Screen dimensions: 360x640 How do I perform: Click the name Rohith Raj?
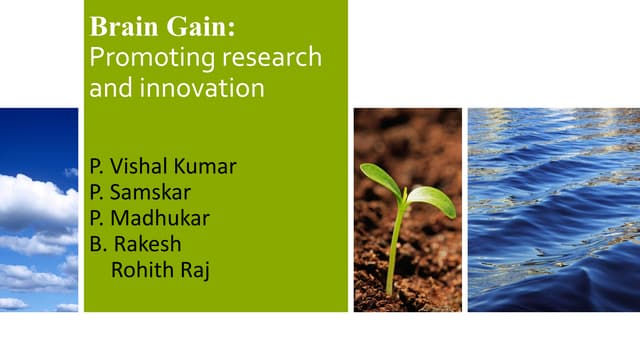(x=155, y=270)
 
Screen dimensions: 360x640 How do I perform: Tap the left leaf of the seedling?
(x=380, y=179)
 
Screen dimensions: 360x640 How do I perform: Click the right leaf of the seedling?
(x=432, y=199)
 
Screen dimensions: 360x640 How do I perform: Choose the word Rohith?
(x=138, y=270)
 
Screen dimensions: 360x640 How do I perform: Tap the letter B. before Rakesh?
(x=96, y=244)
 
